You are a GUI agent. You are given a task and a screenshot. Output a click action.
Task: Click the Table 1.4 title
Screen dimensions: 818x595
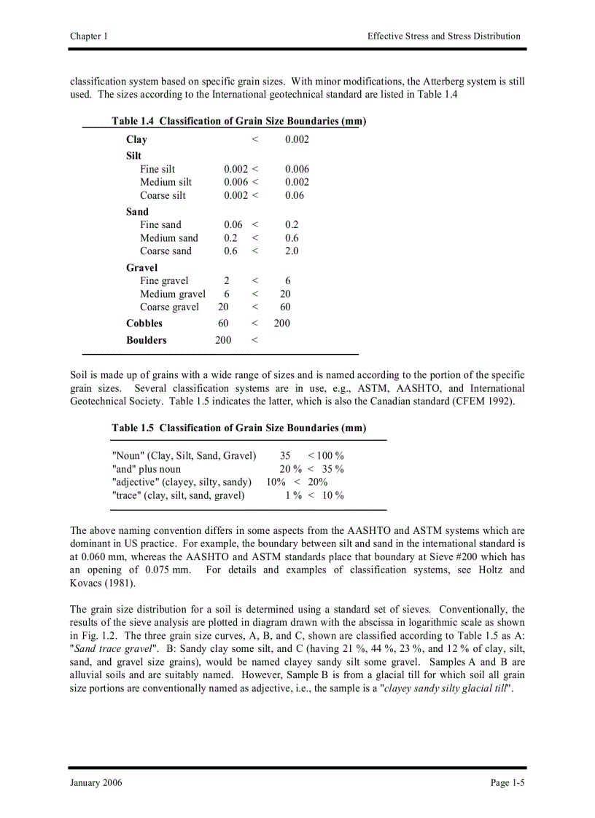click(x=238, y=121)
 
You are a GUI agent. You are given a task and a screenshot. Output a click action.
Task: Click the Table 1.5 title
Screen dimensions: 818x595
click(x=238, y=428)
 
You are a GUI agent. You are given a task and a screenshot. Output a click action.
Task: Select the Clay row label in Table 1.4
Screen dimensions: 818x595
click(x=136, y=140)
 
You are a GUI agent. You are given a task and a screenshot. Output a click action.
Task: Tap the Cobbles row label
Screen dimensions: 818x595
click(x=144, y=323)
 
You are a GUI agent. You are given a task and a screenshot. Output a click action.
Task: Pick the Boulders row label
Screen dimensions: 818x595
click(x=146, y=340)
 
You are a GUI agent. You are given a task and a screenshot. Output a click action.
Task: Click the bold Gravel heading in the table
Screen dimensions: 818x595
click(x=141, y=268)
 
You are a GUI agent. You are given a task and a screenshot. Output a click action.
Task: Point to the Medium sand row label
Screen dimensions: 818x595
click(x=168, y=238)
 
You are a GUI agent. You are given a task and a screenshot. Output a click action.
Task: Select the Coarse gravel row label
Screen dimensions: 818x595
click(x=169, y=307)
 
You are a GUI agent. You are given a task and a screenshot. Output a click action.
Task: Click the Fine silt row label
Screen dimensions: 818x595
click(x=157, y=169)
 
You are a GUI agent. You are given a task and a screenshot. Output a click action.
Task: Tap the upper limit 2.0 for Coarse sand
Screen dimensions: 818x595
click(x=292, y=251)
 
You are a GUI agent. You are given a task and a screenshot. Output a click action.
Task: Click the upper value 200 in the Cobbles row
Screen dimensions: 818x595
click(x=282, y=323)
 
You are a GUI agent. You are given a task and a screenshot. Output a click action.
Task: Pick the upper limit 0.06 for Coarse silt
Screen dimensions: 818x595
click(x=295, y=196)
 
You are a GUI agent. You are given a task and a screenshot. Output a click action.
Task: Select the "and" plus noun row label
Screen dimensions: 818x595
click(x=147, y=469)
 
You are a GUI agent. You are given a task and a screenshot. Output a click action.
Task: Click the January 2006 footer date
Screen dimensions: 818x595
click(x=96, y=783)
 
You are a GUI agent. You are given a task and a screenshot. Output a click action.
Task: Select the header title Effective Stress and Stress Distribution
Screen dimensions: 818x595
click(x=443, y=36)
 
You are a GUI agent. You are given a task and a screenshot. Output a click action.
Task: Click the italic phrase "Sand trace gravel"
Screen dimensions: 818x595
click(x=114, y=648)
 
